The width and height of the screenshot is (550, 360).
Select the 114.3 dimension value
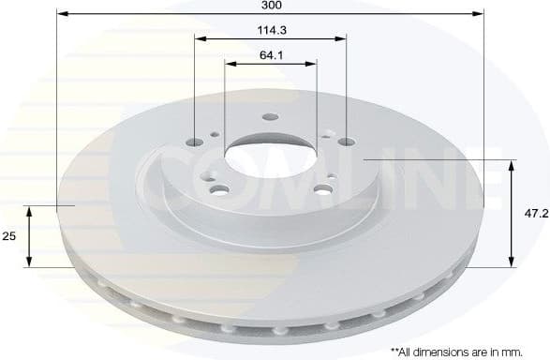272,30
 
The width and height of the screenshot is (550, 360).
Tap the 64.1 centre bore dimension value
272,55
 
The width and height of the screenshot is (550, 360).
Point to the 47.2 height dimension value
536,214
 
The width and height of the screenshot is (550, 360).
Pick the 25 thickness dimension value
9,237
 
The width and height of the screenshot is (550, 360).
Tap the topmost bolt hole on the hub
270,118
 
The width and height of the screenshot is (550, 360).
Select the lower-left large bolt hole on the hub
220,192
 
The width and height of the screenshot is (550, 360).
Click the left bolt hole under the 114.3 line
196,142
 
